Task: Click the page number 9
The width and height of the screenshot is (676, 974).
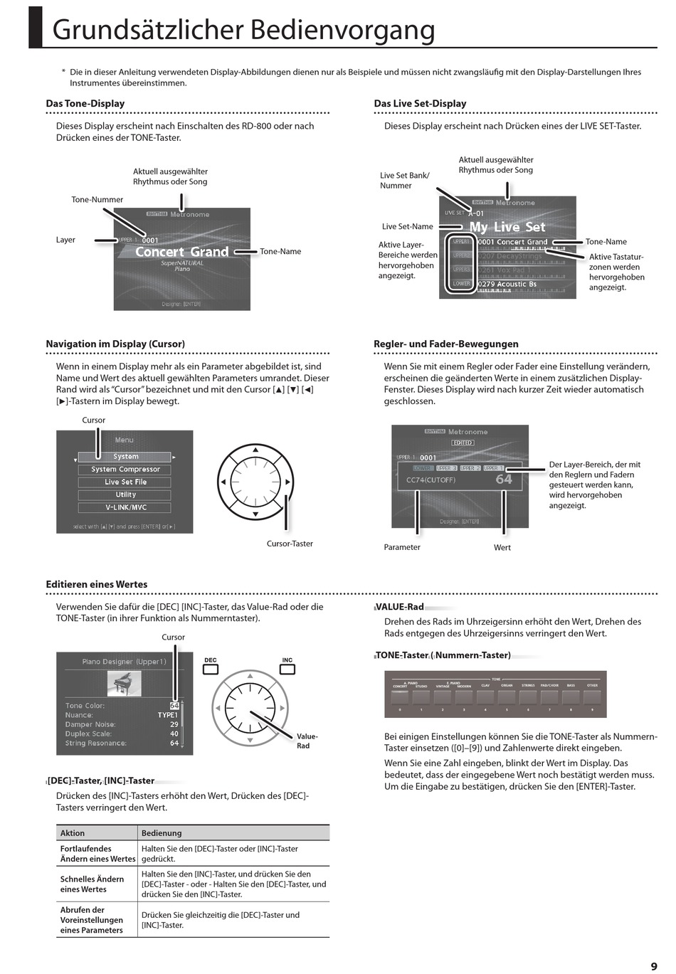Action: (x=653, y=965)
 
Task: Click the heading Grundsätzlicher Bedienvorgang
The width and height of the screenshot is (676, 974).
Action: (x=243, y=30)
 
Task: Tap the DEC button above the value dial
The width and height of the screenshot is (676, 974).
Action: (x=211, y=669)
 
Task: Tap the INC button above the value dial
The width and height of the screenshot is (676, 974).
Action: (x=287, y=669)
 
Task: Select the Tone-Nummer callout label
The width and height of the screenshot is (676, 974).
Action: (x=97, y=200)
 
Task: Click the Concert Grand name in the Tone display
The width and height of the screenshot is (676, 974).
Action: (x=182, y=252)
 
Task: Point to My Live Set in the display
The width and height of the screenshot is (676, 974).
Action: (x=507, y=227)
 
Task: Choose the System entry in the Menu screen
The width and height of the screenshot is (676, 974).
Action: (x=125, y=457)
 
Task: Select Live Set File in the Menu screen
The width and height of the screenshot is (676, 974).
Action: (x=125, y=482)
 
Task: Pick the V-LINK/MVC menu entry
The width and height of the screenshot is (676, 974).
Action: (x=125, y=508)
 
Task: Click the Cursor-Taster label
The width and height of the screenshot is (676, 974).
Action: (x=290, y=544)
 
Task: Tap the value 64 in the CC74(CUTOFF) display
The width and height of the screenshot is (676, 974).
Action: (x=504, y=480)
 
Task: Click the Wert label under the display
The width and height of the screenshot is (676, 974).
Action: (x=502, y=547)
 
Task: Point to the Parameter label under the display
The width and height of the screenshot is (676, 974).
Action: (x=402, y=547)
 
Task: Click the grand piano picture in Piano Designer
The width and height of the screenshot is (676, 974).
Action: (x=124, y=684)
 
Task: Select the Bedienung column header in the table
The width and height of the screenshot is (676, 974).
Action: (x=162, y=833)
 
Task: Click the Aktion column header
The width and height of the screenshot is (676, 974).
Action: (x=73, y=833)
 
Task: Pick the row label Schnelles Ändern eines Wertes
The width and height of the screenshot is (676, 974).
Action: (x=93, y=884)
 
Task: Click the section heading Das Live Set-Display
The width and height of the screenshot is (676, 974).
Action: (x=420, y=104)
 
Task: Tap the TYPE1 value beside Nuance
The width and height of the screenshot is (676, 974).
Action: (x=168, y=715)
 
